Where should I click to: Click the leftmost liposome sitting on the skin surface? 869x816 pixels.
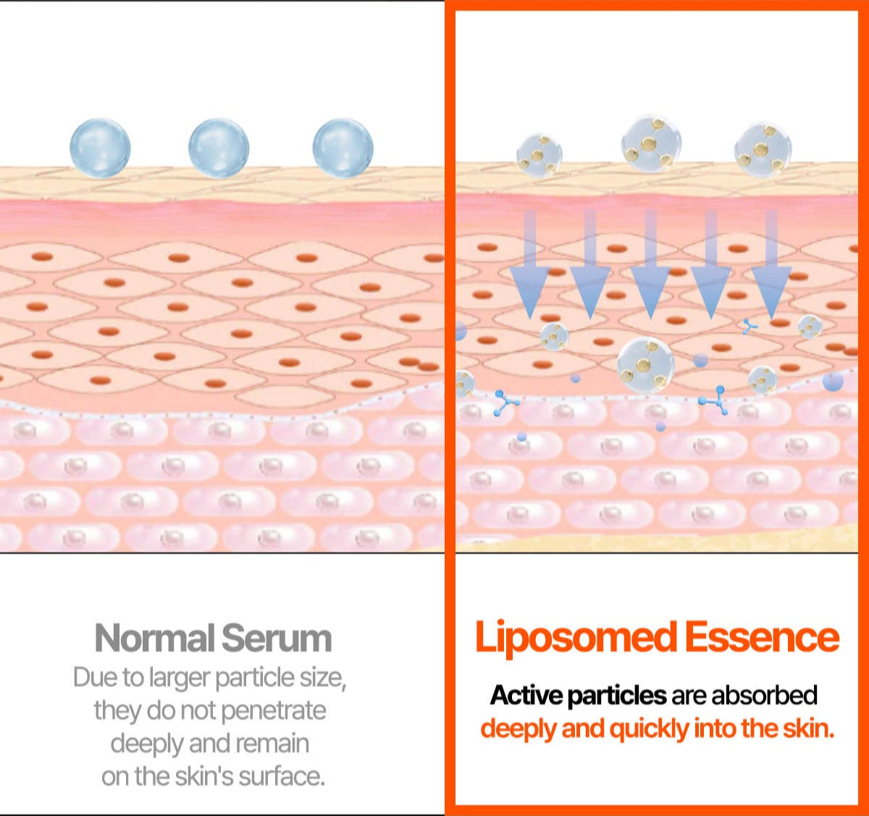pyautogui.click(x=540, y=154)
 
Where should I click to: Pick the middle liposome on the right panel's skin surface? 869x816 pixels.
pyautogui.click(x=651, y=143)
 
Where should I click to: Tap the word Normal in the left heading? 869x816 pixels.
pyautogui.click(x=154, y=639)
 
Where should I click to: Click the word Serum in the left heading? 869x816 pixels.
pyautogui.click(x=276, y=639)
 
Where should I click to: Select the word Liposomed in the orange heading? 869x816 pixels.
pyautogui.click(x=574, y=637)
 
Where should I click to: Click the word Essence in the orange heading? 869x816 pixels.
pyautogui.click(x=762, y=637)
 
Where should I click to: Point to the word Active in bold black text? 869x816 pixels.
pyautogui.click(x=526, y=695)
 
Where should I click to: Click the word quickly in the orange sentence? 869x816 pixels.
pyautogui.click(x=649, y=728)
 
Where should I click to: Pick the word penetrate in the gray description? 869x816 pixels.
pyautogui.click(x=273, y=711)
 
